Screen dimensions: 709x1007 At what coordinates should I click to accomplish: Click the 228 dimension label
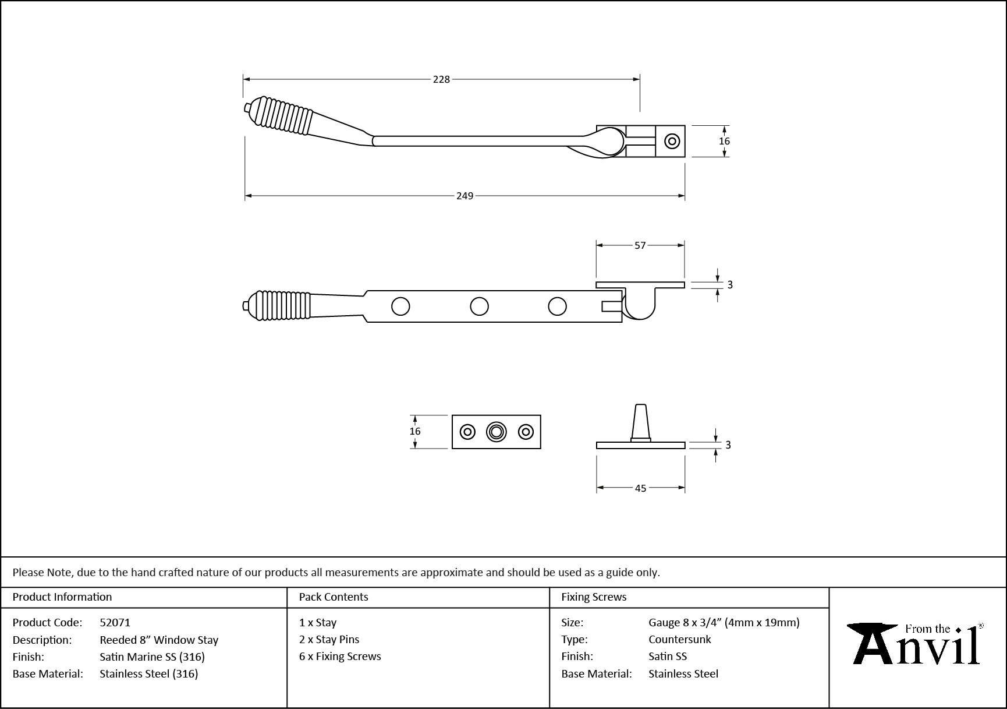tap(441, 79)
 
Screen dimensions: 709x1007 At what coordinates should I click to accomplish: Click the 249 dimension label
tap(465, 196)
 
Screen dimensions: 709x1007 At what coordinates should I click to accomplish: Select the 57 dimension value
tap(640, 246)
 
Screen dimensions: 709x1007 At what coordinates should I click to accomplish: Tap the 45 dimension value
tap(640, 488)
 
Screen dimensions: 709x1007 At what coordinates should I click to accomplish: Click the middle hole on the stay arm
tap(479, 306)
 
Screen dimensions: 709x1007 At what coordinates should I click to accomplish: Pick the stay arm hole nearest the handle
tap(400, 306)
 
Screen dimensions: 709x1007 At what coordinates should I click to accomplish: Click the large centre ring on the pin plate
tap(496, 432)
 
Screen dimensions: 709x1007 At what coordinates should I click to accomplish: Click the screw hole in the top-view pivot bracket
tap(672, 141)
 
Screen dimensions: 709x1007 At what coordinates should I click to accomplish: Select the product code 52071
tap(115, 623)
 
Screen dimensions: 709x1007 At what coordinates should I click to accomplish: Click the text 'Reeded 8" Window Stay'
tap(159, 640)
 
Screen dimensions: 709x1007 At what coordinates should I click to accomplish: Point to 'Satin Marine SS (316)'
tap(152, 657)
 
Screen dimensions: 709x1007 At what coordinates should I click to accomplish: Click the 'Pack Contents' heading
tap(333, 597)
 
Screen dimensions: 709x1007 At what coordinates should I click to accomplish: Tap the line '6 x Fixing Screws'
tap(340, 657)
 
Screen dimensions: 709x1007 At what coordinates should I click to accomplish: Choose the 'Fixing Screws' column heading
tap(594, 597)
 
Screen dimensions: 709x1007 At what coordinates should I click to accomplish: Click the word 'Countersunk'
tap(679, 640)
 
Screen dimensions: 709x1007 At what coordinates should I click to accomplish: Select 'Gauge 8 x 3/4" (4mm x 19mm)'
tap(724, 623)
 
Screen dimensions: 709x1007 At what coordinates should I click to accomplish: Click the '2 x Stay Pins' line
tap(329, 640)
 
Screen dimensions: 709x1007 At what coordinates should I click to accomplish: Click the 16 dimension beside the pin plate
tap(415, 432)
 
